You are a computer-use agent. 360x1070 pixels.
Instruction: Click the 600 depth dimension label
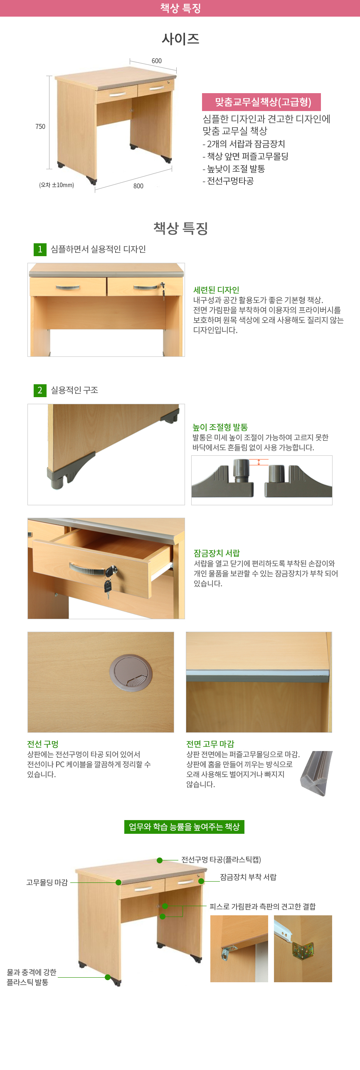[157, 61]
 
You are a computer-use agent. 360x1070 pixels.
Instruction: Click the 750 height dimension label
[40, 126]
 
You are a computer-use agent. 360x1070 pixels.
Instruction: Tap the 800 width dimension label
[138, 186]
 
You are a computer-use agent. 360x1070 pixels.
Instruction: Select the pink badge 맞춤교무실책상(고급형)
[261, 102]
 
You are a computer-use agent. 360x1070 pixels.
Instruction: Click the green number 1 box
[40, 249]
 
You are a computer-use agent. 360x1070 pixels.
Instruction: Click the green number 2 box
[40, 390]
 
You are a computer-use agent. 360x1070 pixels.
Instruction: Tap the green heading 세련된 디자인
[216, 290]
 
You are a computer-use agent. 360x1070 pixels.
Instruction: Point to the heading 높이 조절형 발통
[220, 427]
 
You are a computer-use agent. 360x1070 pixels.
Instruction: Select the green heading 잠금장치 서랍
[217, 553]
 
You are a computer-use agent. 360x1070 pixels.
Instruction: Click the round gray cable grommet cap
[131, 672]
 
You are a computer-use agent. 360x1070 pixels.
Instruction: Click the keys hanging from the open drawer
[108, 586]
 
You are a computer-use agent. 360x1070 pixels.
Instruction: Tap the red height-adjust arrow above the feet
[259, 462]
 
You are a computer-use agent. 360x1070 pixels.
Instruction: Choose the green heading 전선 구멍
[43, 744]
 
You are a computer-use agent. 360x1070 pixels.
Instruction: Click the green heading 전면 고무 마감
[210, 744]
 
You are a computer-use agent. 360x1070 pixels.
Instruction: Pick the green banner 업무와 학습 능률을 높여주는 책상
[184, 827]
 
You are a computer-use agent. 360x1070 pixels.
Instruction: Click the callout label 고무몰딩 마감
[47, 882]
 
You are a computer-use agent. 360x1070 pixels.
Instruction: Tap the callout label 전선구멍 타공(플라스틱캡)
[221, 860]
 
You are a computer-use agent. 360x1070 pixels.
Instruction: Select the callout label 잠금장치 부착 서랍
[248, 877]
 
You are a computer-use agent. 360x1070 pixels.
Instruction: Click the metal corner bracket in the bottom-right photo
[303, 950]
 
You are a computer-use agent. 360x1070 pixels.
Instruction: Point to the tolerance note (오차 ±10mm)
[57, 185]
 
